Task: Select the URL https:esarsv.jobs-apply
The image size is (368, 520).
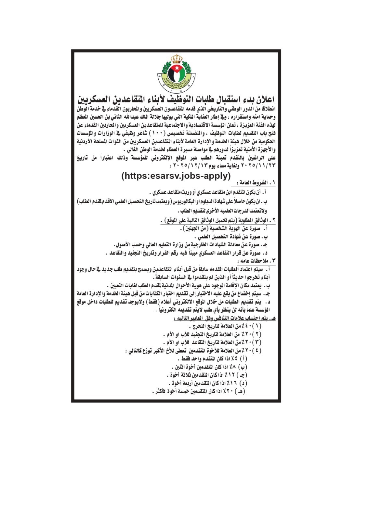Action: [x=176, y=176]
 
